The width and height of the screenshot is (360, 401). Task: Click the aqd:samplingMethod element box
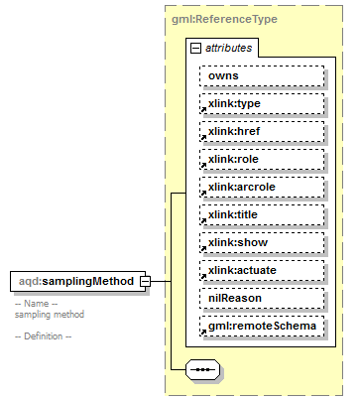pos(74,281)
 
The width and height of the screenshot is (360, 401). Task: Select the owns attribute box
pos(262,75)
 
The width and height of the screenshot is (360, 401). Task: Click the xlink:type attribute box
pos(262,103)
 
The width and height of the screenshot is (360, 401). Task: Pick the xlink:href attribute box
pos(262,131)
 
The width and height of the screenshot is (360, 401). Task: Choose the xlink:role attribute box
pos(262,159)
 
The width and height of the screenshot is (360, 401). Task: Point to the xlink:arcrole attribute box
pos(262,187)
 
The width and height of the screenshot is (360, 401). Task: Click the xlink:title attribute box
pos(262,214)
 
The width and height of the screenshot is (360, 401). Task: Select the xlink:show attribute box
pos(262,242)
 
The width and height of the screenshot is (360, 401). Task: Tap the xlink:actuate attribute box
pos(262,270)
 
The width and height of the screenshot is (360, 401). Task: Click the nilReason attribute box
pos(262,298)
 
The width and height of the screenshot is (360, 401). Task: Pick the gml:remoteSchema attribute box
pos(262,326)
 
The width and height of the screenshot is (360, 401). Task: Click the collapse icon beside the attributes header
pos(196,47)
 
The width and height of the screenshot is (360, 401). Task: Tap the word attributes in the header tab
pos(228,47)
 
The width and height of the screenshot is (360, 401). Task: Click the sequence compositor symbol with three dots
pos(202,370)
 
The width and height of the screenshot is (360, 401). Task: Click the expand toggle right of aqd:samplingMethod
pos(145,281)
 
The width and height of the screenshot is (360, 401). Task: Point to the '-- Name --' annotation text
pos(36,304)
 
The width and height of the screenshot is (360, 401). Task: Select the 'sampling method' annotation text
pos(49,314)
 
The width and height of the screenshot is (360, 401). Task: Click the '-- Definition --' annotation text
pos(43,336)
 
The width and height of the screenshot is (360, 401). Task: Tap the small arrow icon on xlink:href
pos(202,137)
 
